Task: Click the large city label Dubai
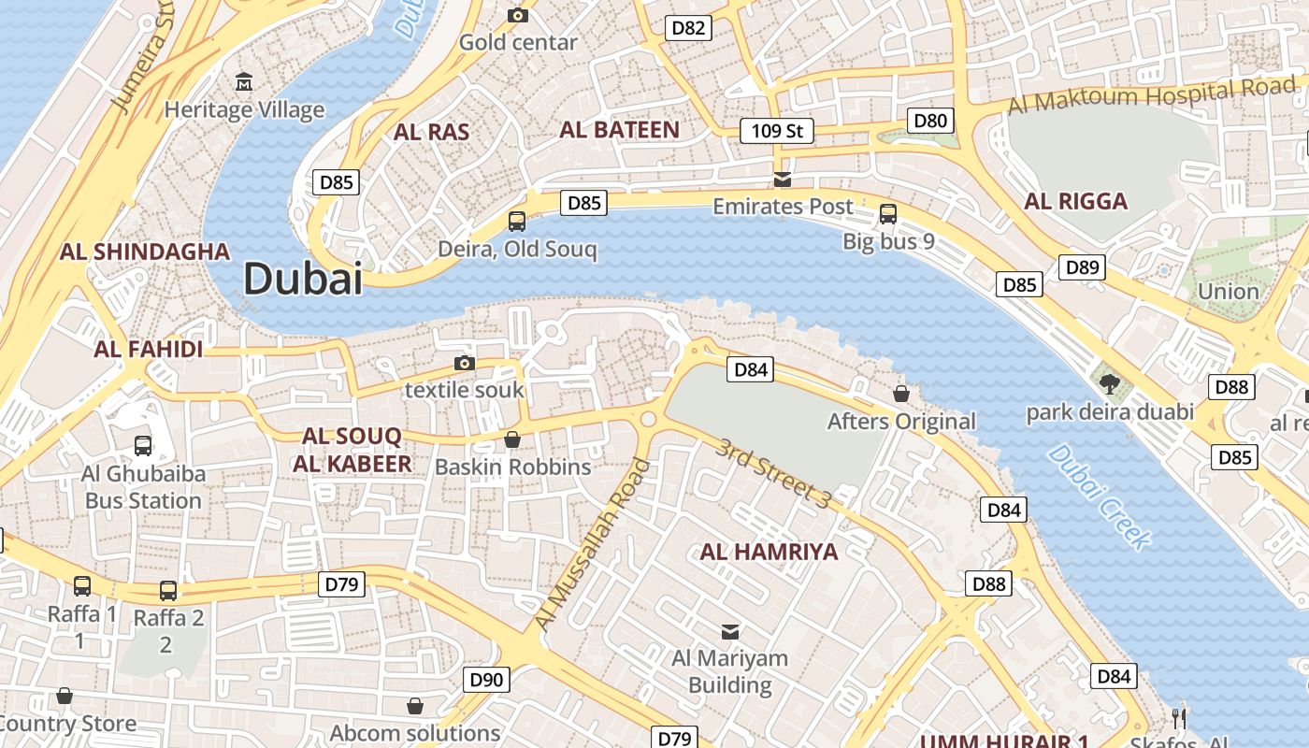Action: (x=303, y=279)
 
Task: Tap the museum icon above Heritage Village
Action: (x=244, y=81)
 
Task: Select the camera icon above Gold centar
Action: (x=517, y=15)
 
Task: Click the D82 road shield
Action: (x=689, y=28)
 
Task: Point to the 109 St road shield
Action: (x=776, y=131)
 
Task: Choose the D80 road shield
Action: (x=930, y=120)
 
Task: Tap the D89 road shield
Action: (x=1083, y=267)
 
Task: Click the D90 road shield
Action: (x=486, y=680)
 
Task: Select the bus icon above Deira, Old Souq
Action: (x=516, y=222)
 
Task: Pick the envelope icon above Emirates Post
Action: (x=783, y=179)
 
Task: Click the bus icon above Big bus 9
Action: (x=888, y=214)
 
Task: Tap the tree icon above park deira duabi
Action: (x=1110, y=383)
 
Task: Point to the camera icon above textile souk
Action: (x=465, y=363)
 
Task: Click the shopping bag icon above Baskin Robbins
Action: (x=512, y=439)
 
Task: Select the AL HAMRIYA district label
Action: (x=769, y=552)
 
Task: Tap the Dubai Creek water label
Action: (x=1099, y=496)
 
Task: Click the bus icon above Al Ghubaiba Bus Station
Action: (x=143, y=445)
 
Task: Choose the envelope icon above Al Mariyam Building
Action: (x=730, y=631)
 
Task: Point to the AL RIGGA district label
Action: (x=1075, y=201)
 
